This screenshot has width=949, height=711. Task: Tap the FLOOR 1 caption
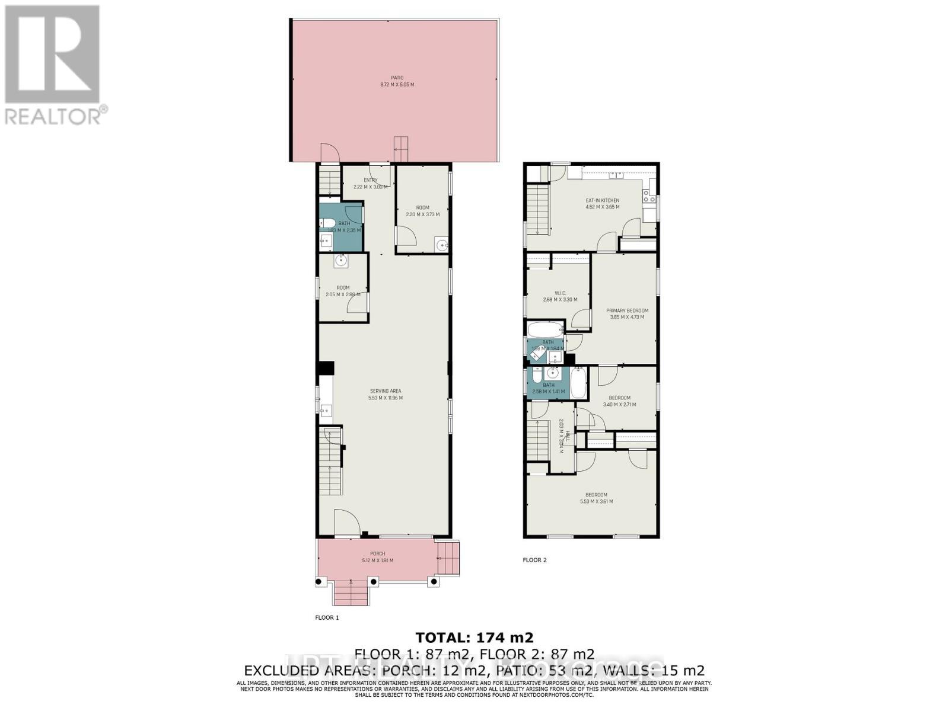327,617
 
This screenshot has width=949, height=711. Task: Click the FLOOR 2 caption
534,560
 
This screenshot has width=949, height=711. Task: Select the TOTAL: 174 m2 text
474,638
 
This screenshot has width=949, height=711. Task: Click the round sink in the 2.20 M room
441,244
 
